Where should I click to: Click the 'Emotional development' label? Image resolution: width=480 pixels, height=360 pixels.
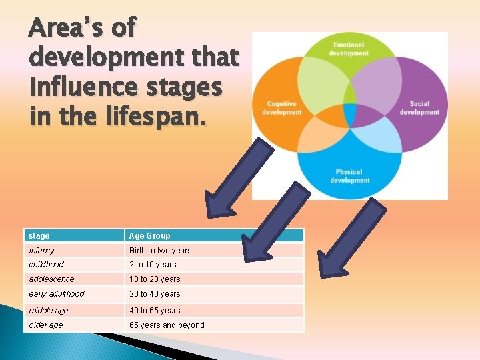(x=349, y=49)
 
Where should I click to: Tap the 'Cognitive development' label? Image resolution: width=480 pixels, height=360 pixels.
(x=282, y=108)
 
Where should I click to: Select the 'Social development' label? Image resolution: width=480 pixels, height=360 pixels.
(x=419, y=108)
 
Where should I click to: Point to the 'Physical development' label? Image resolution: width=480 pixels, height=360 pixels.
(x=349, y=176)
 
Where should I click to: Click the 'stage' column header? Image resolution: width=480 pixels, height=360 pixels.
(x=39, y=235)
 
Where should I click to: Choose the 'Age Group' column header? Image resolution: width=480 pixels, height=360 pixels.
(x=149, y=235)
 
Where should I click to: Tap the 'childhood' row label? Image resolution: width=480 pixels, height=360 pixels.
(x=47, y=265)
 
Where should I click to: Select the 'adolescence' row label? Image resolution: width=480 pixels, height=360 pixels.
(x=51, y=279)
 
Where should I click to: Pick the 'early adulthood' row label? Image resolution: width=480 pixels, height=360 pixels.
(x=57, y=294)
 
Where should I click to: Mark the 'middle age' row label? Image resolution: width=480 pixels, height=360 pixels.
(x=49, y=311)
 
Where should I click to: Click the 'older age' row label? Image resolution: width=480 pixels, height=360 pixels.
(x=46, y=325)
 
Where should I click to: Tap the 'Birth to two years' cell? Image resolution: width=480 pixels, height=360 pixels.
(x=160, y=251)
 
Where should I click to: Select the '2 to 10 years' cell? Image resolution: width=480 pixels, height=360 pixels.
(x=153, y=265)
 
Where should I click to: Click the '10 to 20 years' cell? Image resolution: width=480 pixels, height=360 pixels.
(x=155, y=279)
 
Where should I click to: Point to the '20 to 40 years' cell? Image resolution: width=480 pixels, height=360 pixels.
(x=155, y=294)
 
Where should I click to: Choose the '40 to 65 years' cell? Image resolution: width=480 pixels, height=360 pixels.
(x=155, y=311)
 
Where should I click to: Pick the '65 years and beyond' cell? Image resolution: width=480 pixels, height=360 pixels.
(x=167, y=325)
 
